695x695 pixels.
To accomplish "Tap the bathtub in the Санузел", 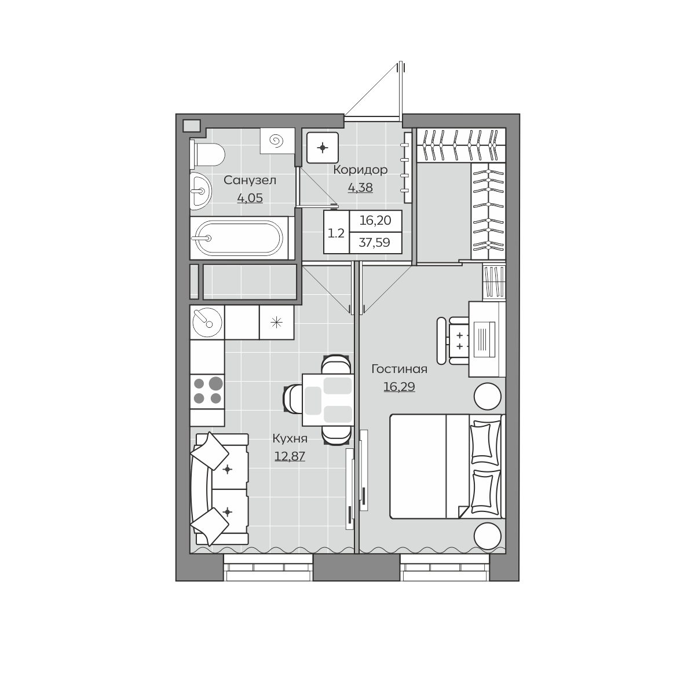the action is (239, 238).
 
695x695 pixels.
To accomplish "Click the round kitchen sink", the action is (207, 323).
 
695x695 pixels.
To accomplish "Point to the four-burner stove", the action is (207, 392).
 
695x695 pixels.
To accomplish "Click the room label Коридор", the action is (360, 170).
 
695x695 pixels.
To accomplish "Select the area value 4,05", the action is (250, 198).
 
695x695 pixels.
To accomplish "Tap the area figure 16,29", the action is (399, 387).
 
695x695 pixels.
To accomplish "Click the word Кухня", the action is (290, 439).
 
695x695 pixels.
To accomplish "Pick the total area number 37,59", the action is (374, 242).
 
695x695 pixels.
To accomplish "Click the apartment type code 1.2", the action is (336, 233).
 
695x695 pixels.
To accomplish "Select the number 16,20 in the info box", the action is (375, 220).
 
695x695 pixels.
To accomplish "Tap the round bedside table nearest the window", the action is (487, 536).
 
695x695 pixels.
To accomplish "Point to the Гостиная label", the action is (399, 369).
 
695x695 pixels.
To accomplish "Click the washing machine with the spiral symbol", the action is (277, 141).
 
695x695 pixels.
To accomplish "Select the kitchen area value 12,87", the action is (290, 456).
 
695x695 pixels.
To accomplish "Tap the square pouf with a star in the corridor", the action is (323, 148).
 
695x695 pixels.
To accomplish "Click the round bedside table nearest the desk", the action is (487, 396).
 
